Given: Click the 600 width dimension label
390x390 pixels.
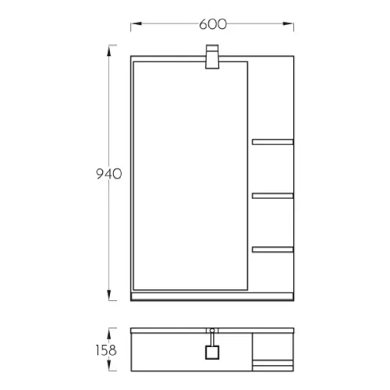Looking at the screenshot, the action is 213,24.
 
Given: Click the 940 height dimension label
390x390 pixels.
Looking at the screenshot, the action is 109,174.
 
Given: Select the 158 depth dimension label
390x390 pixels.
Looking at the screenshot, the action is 106,350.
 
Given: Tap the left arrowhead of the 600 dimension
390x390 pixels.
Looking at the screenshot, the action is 136,23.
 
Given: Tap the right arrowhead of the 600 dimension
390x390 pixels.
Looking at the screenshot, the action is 289,23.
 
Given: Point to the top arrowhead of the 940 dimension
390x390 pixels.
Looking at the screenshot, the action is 109,51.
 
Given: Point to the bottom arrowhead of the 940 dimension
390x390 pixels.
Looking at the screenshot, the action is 109,296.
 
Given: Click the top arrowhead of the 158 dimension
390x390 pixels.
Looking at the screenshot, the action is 109,333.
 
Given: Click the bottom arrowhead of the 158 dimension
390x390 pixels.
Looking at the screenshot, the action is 109,366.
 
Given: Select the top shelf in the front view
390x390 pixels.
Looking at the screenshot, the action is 273,142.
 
